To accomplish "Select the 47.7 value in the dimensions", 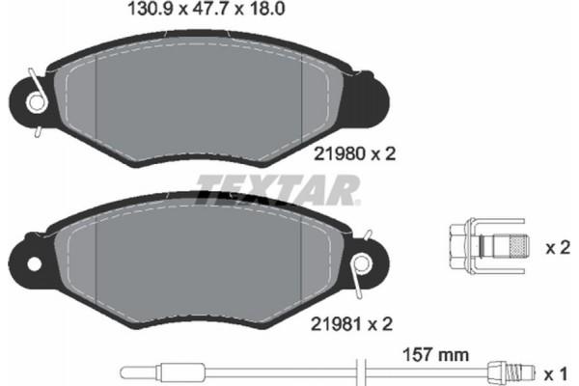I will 202,12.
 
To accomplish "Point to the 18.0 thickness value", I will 252,12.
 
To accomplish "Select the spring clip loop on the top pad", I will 35,100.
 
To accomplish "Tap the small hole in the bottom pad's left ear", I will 34,262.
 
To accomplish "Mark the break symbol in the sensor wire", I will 359,371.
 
